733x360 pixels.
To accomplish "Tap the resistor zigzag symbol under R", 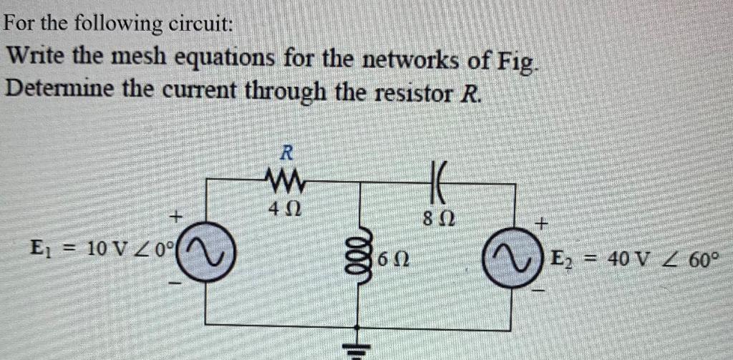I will (x=285, y=177).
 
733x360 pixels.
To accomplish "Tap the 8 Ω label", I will (x=437, y=215).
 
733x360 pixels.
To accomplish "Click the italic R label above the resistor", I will (x=286, y=152).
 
